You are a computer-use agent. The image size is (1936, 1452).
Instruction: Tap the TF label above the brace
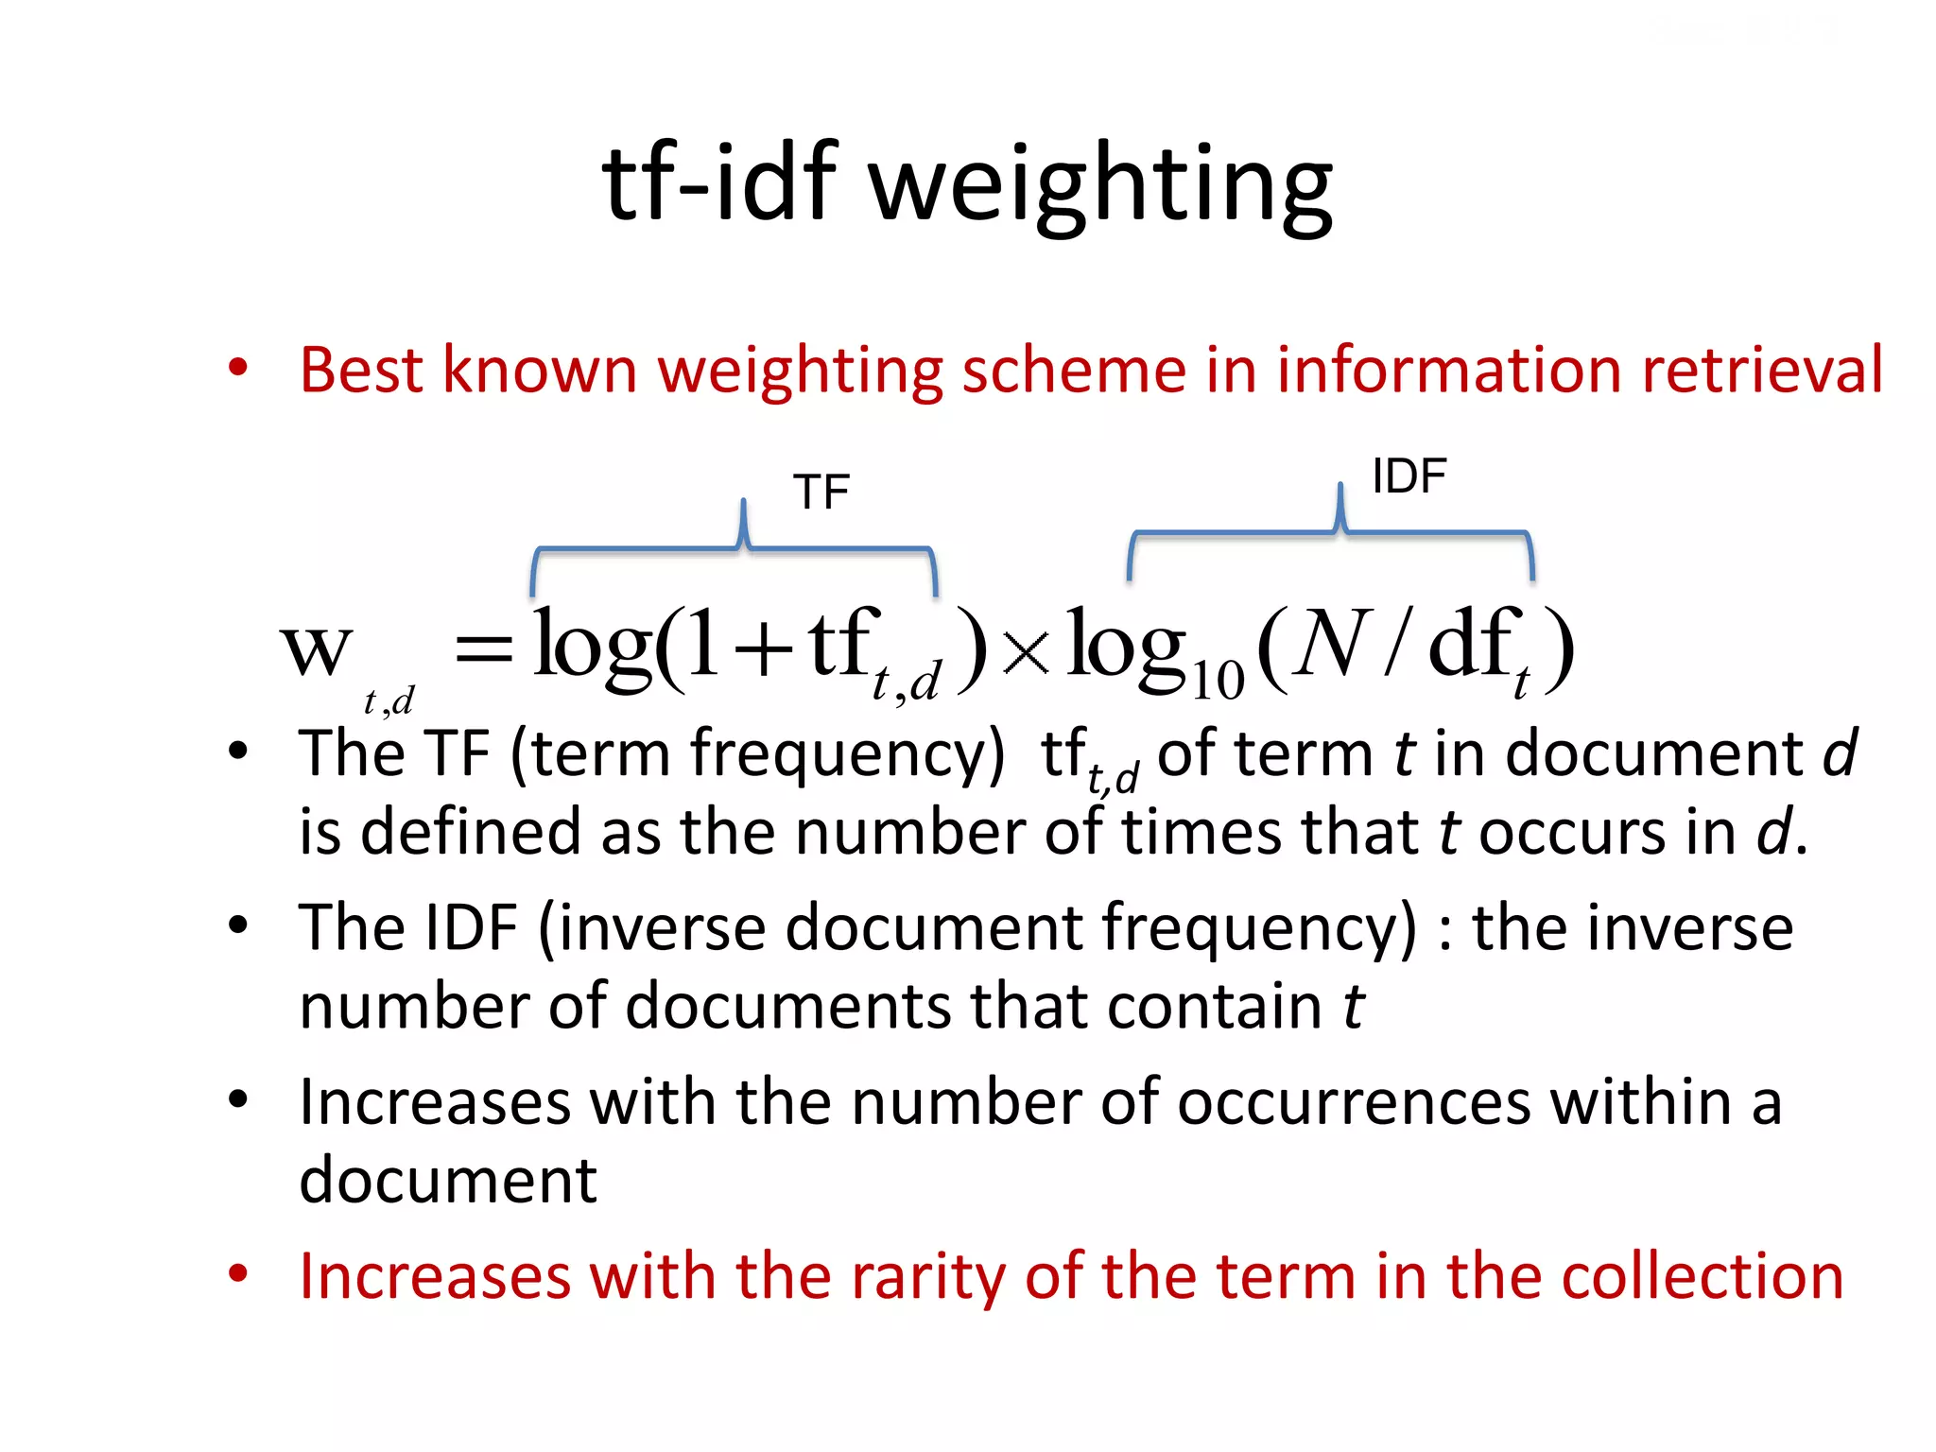(821, 493)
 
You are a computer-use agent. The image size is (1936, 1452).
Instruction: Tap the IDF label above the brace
(1409, 476)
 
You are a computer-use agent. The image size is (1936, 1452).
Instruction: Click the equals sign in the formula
(484, 650)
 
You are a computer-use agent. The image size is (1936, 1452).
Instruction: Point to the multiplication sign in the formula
(1026, 651)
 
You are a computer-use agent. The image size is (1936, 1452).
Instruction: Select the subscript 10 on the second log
(1218, 680)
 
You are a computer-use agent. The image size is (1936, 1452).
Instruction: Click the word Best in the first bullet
(360, 370)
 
